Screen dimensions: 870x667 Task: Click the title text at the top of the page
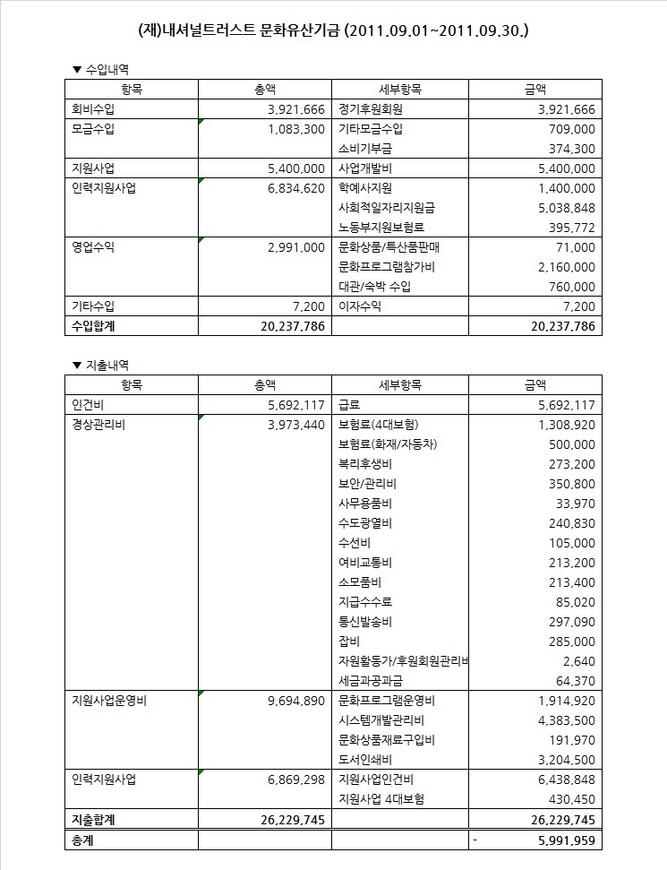pos(333,30)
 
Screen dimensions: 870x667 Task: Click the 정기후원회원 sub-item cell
pos(371,109)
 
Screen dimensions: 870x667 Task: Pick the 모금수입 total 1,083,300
pos(295,129)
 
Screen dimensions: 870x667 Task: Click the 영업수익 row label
pos(93,247)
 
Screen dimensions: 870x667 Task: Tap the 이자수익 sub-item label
pos(360,306)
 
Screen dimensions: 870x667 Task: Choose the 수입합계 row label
pos(93,326)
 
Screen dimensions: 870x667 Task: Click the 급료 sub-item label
pos(348,405)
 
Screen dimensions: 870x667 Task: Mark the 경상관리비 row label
pos(98,425)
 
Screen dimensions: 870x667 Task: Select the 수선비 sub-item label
pos(355,543)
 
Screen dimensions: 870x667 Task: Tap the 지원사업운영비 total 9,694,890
pos(295,701)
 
